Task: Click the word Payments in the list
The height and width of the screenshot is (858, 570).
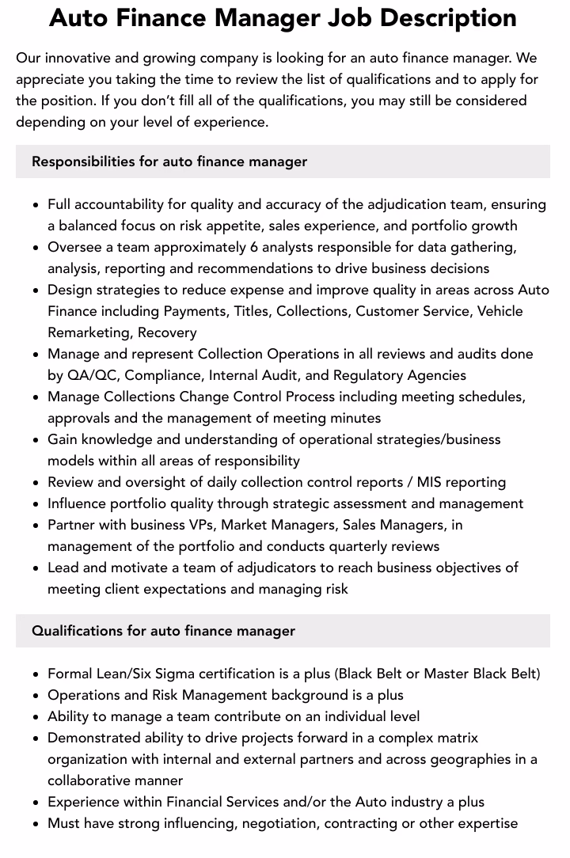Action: click(x=195, y=311)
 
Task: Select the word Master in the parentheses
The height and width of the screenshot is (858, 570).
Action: click(x=446, y=674)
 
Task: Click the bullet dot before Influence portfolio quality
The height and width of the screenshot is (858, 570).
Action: click(x=36, y=504)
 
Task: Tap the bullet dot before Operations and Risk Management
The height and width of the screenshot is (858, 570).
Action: click(x=36, y=696)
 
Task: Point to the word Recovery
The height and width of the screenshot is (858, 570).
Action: click(x=167, y=332)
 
